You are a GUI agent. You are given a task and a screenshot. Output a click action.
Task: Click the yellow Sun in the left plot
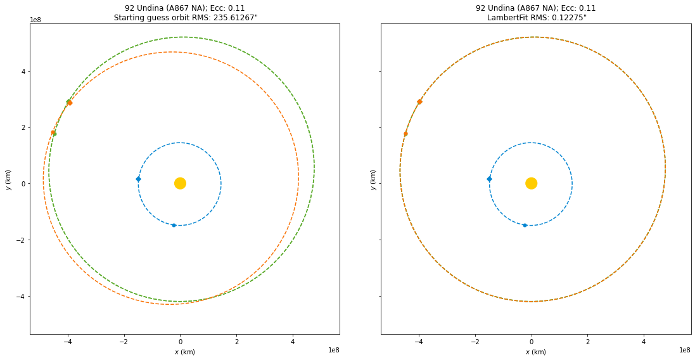pos(180,183)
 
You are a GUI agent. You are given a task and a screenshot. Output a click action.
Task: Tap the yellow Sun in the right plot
pos(531,183)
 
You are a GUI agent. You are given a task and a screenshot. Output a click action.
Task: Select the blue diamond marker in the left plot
pos(138,179)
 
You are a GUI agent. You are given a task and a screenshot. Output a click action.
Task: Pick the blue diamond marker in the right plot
pos(489,179)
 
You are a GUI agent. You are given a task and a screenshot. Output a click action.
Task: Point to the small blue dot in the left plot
pos(174,225)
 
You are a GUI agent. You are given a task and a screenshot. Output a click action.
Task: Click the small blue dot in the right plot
pos(525,225)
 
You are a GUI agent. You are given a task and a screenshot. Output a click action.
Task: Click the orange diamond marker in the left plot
pos(70,103)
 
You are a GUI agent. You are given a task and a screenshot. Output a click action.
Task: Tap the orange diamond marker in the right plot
pos(419,101)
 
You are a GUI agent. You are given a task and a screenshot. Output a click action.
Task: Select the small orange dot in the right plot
pos(405,134)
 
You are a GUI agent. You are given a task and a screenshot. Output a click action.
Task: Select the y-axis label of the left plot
pos(8,179)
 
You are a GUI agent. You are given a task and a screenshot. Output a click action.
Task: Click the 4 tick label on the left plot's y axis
pos(23,72)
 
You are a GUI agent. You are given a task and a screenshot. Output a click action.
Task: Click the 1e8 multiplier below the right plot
pos(684,350)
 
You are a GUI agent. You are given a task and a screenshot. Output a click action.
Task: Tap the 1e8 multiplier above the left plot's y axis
pos(36,20)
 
